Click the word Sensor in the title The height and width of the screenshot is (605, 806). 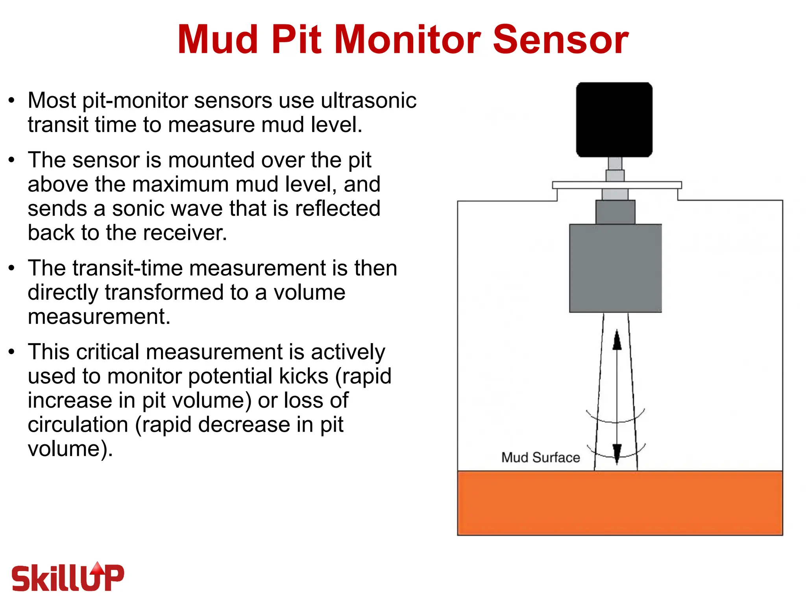coord(560,39)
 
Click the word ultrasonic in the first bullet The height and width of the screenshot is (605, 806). coord(368,100)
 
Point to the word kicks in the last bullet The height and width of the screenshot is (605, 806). coord(303,376)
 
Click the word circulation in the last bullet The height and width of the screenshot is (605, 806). coord(78,424)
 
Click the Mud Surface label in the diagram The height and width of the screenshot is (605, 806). coord(540,457)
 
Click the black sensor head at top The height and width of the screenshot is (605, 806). coord(614,119)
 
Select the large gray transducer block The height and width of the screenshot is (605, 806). coord(615,268)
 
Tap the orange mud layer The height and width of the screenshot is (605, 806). coord(620,503)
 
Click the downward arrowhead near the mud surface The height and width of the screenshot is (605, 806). coord(617,453)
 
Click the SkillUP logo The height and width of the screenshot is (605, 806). coord(68,577)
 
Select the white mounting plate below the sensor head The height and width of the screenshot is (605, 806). coord(617,185)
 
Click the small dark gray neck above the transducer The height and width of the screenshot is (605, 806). coord(615,212)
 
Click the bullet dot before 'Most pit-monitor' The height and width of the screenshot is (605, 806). coord(12,100)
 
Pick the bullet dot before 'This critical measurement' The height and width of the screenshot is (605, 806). coord(12,352)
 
